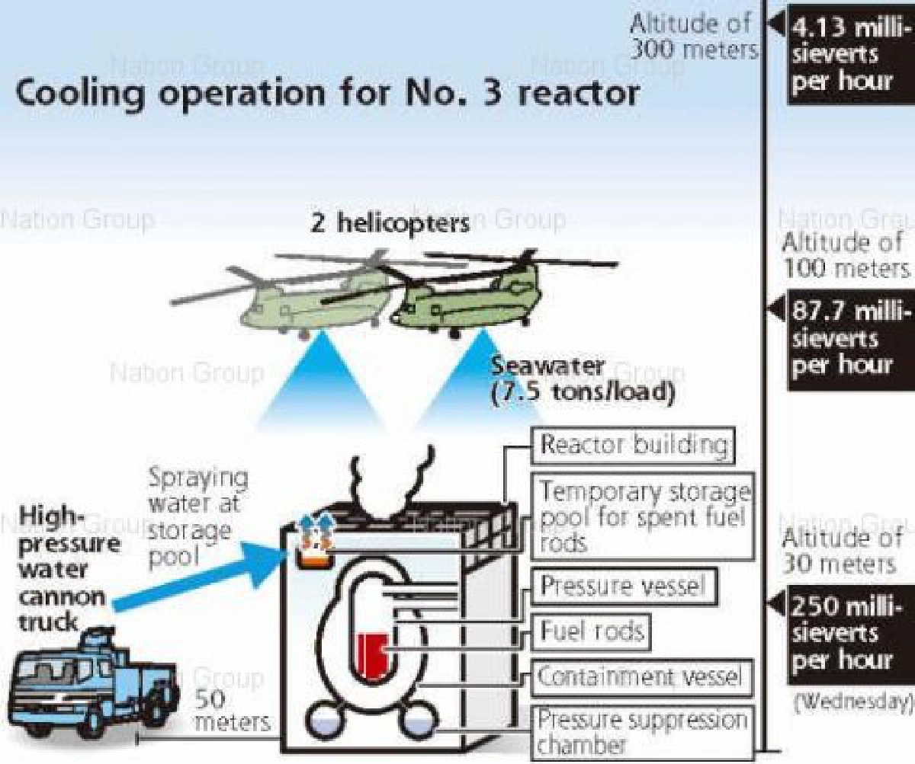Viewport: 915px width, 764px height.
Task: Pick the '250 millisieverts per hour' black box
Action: coord(842,631)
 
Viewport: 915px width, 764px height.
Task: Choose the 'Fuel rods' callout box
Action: coord(592,631)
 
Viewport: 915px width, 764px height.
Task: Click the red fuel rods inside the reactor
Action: coord(371,654)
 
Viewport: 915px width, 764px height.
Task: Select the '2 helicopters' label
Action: coord(380,222)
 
